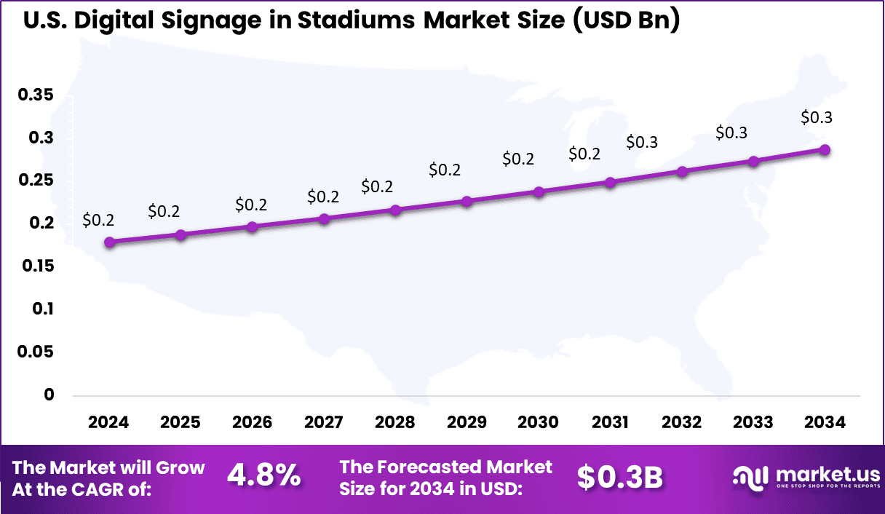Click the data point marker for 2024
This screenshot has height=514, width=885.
[x=109, y=242]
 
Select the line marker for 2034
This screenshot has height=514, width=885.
[x=825, y=150]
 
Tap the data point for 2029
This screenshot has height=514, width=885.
[x=467, y=202]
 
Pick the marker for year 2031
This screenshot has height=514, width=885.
[x=610, y=182]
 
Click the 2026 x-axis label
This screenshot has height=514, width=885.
[x=252, y=423]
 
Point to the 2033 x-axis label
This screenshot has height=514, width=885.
[x=753, y=423]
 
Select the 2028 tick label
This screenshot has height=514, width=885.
[x=395, y=423]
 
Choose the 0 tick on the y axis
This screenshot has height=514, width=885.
[x=49, y=395]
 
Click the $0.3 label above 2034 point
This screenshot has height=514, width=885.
[x=817, y=117]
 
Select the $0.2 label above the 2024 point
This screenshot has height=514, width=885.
[x=98, y=219]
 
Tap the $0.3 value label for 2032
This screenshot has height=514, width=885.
[x=642, y=142]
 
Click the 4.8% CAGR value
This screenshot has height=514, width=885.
[x=264, y=477]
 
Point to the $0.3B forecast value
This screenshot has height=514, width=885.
[x=620, y=477]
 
